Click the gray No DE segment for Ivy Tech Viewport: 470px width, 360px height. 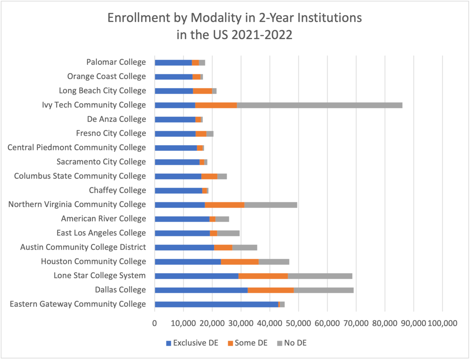click(319, 105)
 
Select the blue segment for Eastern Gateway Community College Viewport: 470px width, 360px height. click(216, 304)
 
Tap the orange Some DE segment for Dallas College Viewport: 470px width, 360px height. click(271, 290)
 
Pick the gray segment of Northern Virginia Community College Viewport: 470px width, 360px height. click(271, 205)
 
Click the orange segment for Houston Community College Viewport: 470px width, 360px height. click(239, 262)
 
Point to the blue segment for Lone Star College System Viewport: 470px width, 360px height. click(196, 276)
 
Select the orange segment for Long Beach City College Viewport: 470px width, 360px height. click(202, 91)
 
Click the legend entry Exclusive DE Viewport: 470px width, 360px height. click(192, 343)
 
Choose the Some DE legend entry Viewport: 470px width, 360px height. click(247, 343)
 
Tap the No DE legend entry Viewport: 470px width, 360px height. click(292, 343)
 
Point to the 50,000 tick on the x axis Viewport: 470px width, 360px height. click(299, 323)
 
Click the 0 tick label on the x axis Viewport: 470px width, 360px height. click(155, 323)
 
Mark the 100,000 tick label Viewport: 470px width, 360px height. click(442, 323)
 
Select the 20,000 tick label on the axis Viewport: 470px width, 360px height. click(212, 323)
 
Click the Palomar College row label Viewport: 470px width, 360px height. click(116, 62)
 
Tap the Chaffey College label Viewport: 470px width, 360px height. click(117, 190)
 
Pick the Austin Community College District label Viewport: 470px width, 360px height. click(83, 247)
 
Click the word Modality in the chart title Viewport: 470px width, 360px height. click(216, 18)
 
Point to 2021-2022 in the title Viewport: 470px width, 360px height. click(262, 35)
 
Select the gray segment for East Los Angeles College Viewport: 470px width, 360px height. click(228, 233)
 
